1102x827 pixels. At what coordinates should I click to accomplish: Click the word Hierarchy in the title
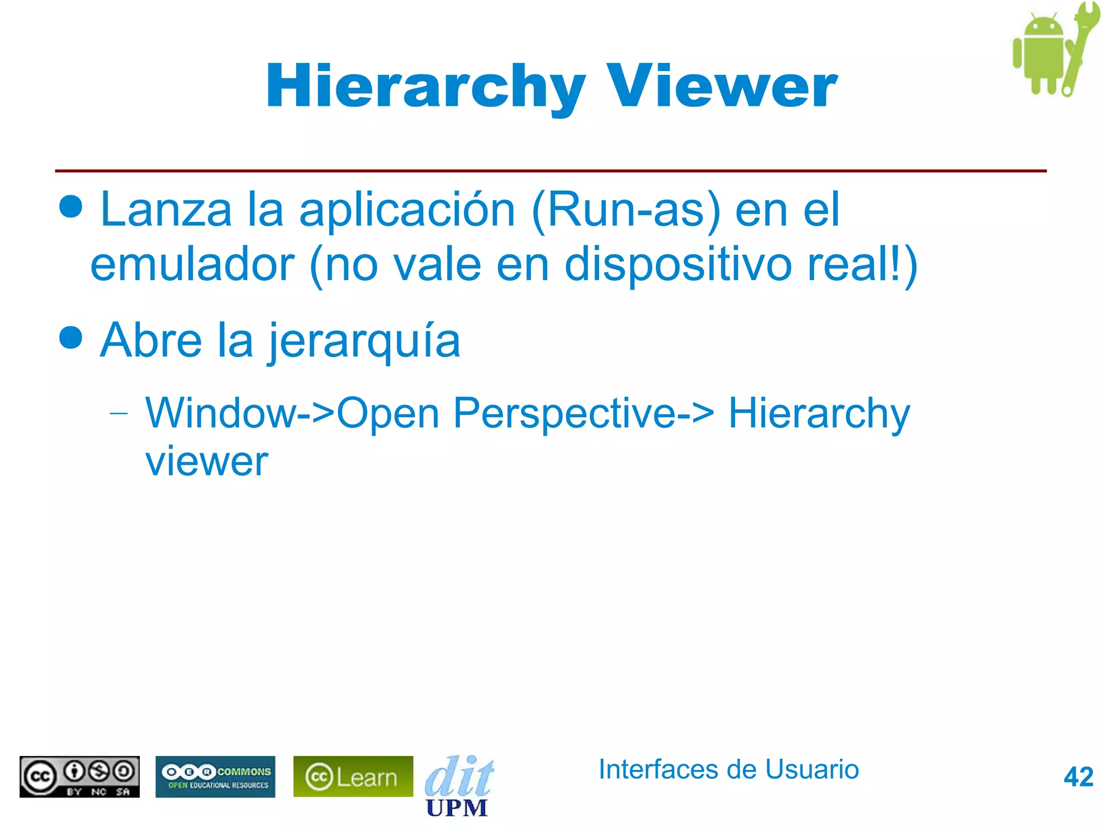click(x=425, y=86)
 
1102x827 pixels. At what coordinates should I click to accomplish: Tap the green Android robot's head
click(x=1043, y=30)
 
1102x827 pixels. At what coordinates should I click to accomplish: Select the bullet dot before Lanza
click(x=71, y=206)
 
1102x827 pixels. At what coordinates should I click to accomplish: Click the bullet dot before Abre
click(x=71, y=338)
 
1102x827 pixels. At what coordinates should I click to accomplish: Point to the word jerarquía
click(x=364, y=341)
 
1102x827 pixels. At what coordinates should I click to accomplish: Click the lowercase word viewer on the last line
click(x=207, y=461)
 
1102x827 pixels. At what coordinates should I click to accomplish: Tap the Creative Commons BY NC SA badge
click(x=80, y=776)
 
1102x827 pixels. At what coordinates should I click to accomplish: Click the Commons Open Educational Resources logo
click(x=215, y=776)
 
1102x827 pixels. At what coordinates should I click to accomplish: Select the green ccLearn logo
click(x=353, y=776)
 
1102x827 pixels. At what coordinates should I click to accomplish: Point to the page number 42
click(x=1078, y=777)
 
